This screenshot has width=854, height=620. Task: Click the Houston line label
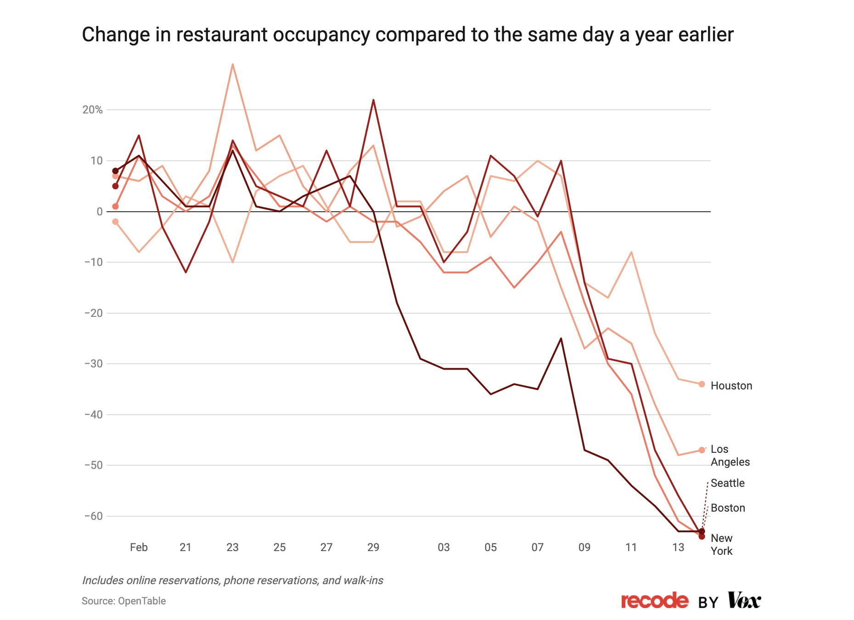tap(731, 386)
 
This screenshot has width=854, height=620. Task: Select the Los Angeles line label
tap(730, 456)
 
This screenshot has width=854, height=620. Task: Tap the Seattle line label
tap(728, 483)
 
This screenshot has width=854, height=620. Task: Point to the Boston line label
tap(728, 508)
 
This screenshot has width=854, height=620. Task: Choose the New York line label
tap(722, 545)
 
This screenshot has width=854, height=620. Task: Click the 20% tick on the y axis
tap(92, 110)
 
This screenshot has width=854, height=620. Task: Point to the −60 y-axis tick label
tap(94, 516)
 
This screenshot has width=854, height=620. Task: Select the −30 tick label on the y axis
tap(94, 364)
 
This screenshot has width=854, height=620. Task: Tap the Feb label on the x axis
tap(139, 547)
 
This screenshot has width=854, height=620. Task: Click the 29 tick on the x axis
tap(373, 547)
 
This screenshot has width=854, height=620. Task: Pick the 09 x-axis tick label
tap(584, 547)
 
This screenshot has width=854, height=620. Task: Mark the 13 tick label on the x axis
tap(678, 547)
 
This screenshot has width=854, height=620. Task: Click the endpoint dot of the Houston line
tap(702, 384)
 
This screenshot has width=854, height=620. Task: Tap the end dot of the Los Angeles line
tap(702, 450)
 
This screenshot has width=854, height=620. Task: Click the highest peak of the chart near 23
tap(233, 64)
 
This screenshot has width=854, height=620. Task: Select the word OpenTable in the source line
tap(142, 601)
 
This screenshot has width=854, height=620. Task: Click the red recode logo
tap(655, 601)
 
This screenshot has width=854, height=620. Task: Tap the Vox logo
tap(744, 600)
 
